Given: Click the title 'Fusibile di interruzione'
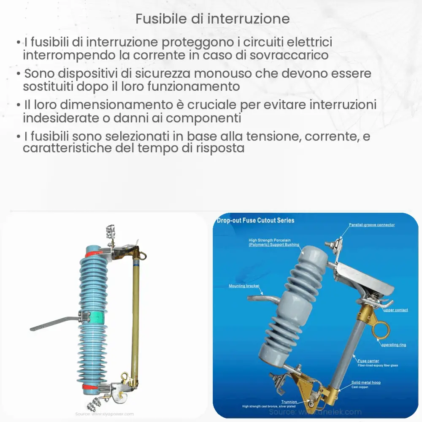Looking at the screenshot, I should tap(213, 19).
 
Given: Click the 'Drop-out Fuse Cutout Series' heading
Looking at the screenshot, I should tap(256, 220).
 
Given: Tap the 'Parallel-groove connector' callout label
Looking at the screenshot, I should tap(372, 225).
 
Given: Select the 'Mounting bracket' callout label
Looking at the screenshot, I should tap(243, 286).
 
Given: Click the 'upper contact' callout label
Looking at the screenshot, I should tap(395, 310).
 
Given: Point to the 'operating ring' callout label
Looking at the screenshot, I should tap(393, 345).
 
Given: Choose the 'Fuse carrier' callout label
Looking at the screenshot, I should tap(368, 361).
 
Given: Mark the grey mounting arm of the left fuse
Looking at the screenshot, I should tap(53, 323).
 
